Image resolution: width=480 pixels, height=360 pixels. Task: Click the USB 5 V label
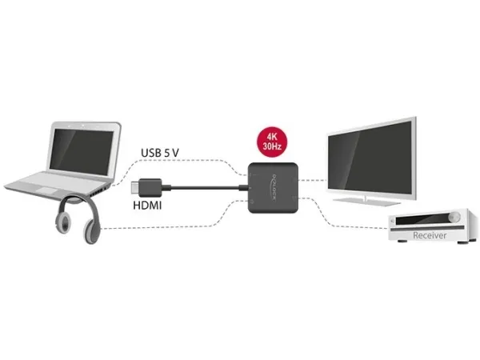[x=160, y=153]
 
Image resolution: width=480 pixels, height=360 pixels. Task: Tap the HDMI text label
[x=147, y=205]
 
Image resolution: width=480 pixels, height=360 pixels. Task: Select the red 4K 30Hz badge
[x=272, y=142]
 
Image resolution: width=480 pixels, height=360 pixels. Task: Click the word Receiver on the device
[x=430, y=235]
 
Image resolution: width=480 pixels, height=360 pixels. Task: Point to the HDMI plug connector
[x=146, y=187]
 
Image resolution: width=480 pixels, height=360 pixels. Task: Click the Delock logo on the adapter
[x=274, y=187]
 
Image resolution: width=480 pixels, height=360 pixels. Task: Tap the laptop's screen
[x=81, y=151]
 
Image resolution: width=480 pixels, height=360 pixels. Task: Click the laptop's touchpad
[x=46, y=190]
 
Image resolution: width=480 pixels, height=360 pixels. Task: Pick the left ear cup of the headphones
[x=63, y=223]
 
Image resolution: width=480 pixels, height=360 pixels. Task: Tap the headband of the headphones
[x=79, y=202]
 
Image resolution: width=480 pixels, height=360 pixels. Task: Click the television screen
[x=370, y=158]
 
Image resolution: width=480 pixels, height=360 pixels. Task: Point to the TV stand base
[x=366, y=201]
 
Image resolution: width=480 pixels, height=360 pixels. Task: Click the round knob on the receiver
[x=454, y=217]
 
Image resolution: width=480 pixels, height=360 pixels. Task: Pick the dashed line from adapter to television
[x=313, y=180]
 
